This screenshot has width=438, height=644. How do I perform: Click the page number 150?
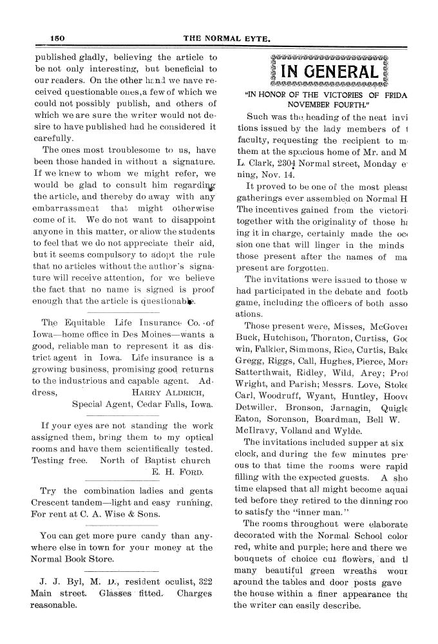click(59, 38)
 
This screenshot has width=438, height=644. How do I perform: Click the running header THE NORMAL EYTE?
click(218, 38)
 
